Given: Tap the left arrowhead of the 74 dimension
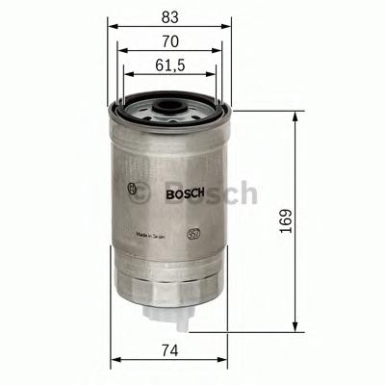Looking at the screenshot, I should pyautogui.click(x=115, y=363).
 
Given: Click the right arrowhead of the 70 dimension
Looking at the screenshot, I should pyautogui.click(x=221, y=53).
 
